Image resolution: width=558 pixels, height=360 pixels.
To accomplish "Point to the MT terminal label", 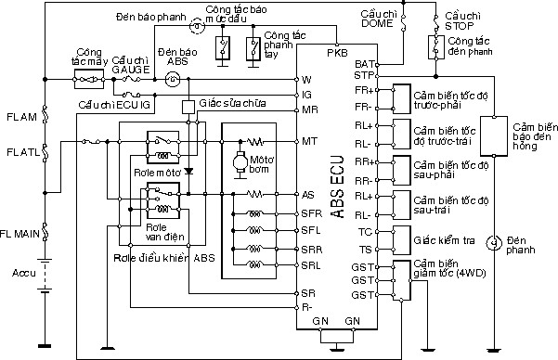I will (x=310, y=141).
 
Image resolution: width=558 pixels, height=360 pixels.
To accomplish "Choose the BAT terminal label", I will (x=364, y=63).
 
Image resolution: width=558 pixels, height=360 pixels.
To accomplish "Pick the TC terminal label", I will (x=365, y=230).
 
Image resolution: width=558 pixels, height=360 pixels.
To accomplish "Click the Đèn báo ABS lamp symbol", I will (x=172, y=80).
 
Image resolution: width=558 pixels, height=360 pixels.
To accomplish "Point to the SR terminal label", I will (x=308, y=292).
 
